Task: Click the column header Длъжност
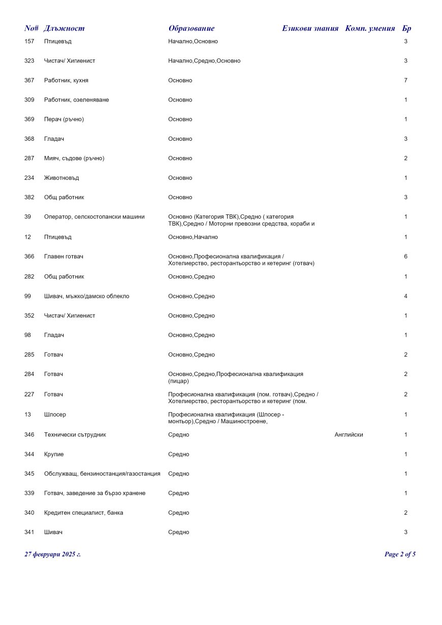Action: click(64, 28)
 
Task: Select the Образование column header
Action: click(191, 28)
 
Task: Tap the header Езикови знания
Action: click(310, 28)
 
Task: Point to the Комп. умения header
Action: click(370, 28)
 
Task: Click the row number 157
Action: click(29, 41)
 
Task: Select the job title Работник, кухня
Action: click(66, 80)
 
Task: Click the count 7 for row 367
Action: click(405, 80)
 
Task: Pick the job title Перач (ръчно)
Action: click(64, 119)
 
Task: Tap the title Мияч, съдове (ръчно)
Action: click(74, 159)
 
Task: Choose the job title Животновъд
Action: click(61, 178)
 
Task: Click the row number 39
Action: click(27, 217)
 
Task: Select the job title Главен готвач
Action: click(64, 257)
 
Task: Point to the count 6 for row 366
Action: click(405, 257)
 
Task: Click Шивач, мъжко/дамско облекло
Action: click(86, 296)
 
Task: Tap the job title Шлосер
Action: click(55, 415)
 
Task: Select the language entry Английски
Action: click(349, 435)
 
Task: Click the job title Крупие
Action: click(54, 454)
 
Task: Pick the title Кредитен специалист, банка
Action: click(83, 513)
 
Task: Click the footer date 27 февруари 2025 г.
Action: click(52, 554)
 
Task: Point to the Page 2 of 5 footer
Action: click(400, 554)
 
